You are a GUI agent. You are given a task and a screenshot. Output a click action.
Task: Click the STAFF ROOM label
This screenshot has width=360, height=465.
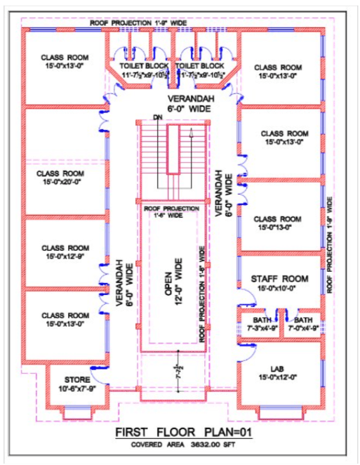pyautogui.click(x=280, y=279)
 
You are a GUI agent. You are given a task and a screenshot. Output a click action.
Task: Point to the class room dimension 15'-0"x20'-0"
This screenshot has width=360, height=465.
pyautogui.click(x=61, y=181)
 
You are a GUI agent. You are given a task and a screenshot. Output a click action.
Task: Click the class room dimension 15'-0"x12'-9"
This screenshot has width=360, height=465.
pyautogui.click(x=65, y=258)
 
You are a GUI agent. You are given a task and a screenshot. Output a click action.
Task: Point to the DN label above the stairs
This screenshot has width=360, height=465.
pyautogui.click(x=156, y=119)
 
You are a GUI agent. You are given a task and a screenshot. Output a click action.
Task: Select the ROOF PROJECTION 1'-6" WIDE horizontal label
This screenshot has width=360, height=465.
pyautogui.click(x=173, y=212)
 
